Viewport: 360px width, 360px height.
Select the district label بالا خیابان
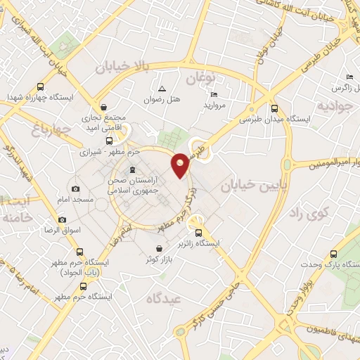tap(122, 66)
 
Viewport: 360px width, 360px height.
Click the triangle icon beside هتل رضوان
tap(162, 89)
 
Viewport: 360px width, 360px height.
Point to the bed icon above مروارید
tap(214, 95)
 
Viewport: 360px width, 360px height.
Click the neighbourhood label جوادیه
tap(333, 107)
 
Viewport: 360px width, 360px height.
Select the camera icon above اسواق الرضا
tap(62, 220)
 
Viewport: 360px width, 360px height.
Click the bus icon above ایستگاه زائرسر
tap(198, 233)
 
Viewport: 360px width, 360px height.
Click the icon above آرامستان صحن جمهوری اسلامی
tap(132, 169)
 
